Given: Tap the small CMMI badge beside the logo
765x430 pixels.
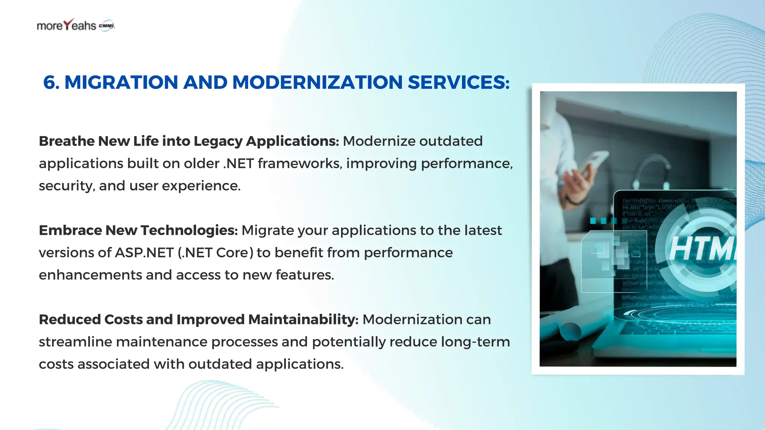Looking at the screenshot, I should (x=106, y=25).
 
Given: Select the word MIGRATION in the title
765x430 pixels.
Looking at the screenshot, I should (x=121, y=82).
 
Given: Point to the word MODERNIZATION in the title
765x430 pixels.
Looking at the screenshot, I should (x=317, y=82).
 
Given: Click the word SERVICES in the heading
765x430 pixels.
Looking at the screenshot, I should (x=458, y=82).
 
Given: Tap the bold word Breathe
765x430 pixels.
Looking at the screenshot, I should (x=66, y=141).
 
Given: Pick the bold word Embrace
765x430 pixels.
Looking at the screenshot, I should (x=70, y=230).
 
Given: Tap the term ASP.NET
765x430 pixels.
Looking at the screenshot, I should (x=144, y=253).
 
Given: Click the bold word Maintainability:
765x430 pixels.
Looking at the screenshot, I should (x=303, y=320).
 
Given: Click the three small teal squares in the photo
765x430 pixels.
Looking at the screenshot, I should (x=603, y=221).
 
